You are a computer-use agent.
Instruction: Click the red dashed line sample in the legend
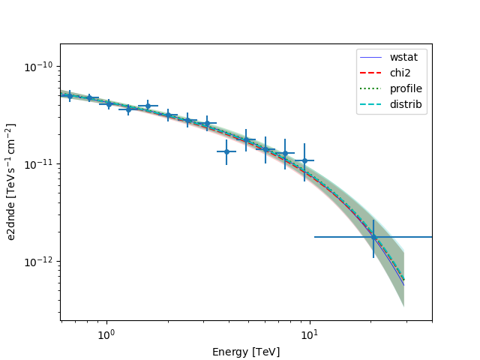click(371, 73)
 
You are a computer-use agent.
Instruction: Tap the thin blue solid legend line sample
click(371, 57)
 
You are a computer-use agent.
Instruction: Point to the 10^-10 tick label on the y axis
click(41, 67)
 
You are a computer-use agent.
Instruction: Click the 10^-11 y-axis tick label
click(41, 164)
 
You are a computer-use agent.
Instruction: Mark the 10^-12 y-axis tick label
click(41, 262)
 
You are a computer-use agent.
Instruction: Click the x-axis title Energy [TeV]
click(246, 351)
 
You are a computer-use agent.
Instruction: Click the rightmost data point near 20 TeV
click(373, 237)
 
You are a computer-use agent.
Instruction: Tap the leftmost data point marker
click(70, 96)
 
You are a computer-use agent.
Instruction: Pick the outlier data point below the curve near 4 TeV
click(226, 151)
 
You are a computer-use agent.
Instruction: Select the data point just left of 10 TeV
click(304, 160)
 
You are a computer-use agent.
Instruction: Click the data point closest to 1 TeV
click(109, 103)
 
